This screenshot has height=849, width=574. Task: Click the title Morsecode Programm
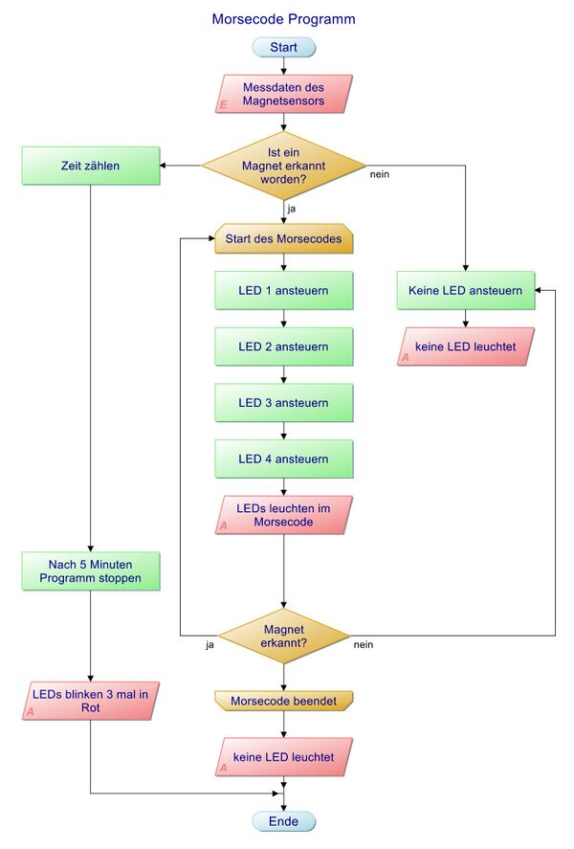coord(283,18)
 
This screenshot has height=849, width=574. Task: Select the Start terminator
coord(283,47)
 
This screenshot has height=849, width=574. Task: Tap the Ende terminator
coord(283,821)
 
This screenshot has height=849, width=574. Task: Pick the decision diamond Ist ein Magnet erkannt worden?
coord(283,166)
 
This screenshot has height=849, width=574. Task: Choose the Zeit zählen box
coord(90,166)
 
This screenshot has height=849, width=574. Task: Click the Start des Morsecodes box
coord(283,238)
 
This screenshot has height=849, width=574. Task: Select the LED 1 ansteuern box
coord(283,290)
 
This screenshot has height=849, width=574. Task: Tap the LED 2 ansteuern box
coord(283,346)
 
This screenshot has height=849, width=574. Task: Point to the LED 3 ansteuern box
coord(283,403)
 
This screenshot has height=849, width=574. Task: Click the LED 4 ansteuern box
coord(283,459)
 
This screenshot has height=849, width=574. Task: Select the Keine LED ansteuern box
coord(465,290)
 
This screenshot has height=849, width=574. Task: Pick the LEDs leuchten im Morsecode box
coord(283,514)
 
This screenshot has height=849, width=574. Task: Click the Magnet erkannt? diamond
coord(283,636)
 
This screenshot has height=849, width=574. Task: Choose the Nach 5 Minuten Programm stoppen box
coord(90,570)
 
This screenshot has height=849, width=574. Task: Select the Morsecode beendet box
coord(283,701)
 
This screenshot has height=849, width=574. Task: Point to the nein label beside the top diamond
coord(379,174)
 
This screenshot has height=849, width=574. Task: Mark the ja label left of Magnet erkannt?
coord(209,644)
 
